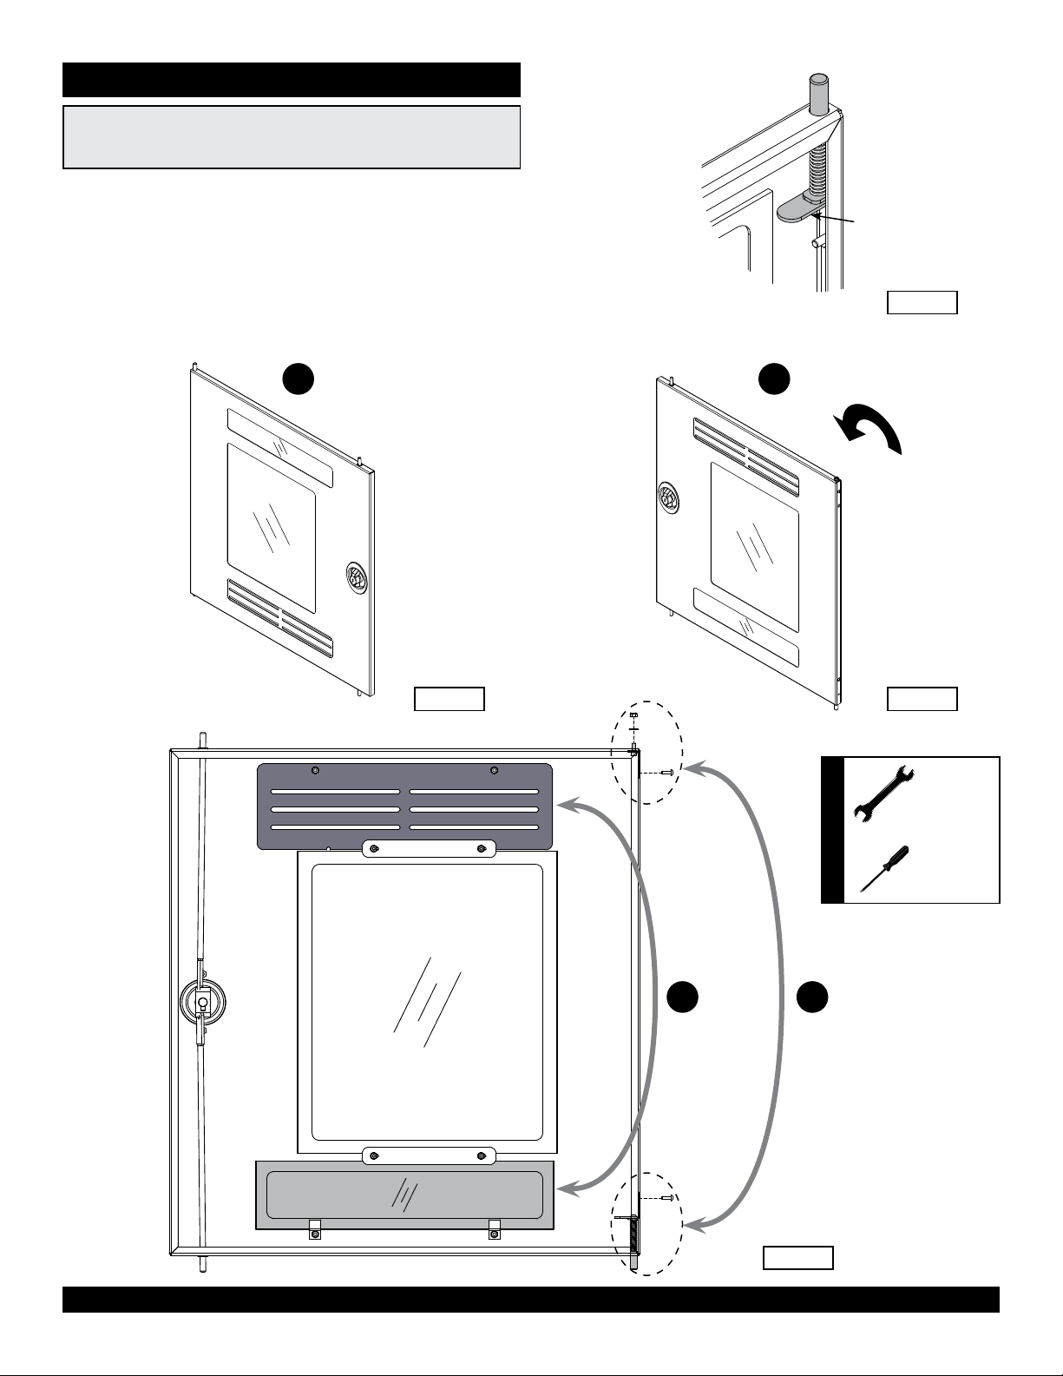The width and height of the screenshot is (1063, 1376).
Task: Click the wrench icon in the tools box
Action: pyautogui.click(x=880, y=791)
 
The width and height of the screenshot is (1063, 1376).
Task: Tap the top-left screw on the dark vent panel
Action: pyautogui.click(x=315, y=771)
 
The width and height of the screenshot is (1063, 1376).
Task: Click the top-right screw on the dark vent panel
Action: pyautogui.click(x=494, y=771)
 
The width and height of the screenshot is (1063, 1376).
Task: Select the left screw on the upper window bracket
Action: pyautogui.click(x=373, y=848)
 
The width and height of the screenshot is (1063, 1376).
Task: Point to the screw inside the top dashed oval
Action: pyautogui.click(x=667, y=771)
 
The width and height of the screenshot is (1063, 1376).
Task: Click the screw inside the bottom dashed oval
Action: pyautogui.click(x=667, y=1197)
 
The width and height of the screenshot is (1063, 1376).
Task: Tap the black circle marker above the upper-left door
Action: pyautogui.click(x=298, y=379)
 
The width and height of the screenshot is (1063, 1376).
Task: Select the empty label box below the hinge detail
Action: pyautogui.click(x=922, y=302)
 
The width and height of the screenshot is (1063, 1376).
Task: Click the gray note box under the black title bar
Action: pyautogui.click(x=291, y=137)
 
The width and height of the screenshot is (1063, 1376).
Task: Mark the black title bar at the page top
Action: pyautogui.click(x=291, y=79)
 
